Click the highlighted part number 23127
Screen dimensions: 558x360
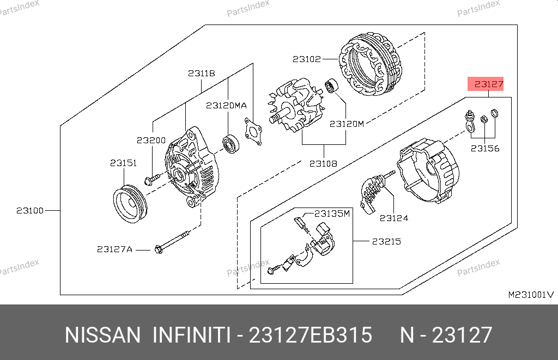click(489, 84)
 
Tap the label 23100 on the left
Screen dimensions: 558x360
click(30, 211)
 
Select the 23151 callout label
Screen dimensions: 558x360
click(124, 163)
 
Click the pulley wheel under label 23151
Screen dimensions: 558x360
click(130, 204)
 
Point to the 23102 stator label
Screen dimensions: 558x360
click(307, 59)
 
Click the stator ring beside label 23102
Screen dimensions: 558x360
click(371, 64)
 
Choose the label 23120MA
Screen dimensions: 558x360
click(226, 106)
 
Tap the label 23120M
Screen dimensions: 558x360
click(347, 124)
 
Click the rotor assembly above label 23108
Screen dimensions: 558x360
click(296, 106)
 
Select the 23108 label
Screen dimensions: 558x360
click(323, 163)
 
